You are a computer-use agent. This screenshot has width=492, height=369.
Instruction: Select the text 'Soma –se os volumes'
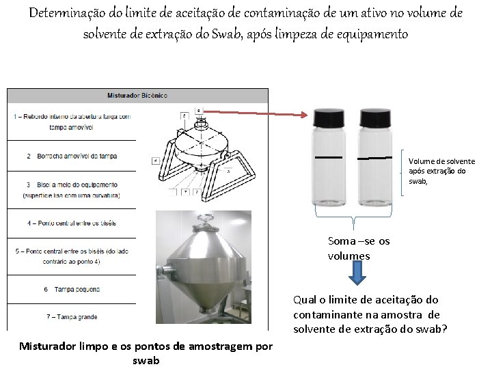(x=359, y=249)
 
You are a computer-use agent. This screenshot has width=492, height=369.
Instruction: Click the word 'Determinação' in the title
(x=74, y=14)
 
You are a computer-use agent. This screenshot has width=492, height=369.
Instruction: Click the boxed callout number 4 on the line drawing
(x=156, y=161)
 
